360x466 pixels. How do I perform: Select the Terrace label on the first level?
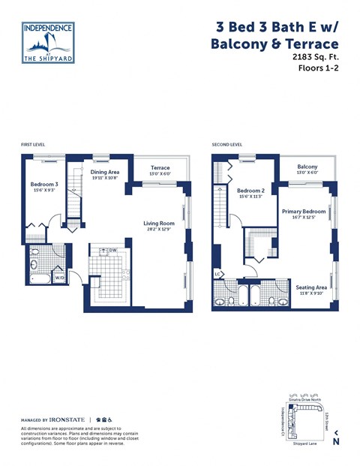click(x=160, y=168)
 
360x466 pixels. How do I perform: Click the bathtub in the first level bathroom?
click(x=39, y=278)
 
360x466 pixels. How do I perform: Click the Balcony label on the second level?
click(x=307, y=167)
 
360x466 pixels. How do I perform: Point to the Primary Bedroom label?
click(x=303, y=212)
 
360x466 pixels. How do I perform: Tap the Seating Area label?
click(x=310, y=287)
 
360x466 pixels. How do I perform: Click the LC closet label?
click(x=217, y=273)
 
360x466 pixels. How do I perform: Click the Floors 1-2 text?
click(x=318, y=68)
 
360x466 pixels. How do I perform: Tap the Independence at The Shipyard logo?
click(x=48, y=42)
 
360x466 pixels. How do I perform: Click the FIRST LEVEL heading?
click(x=34, y=144)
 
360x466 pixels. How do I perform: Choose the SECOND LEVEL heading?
click(x=226, y=144)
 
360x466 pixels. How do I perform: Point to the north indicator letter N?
click(x=336, y=442)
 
